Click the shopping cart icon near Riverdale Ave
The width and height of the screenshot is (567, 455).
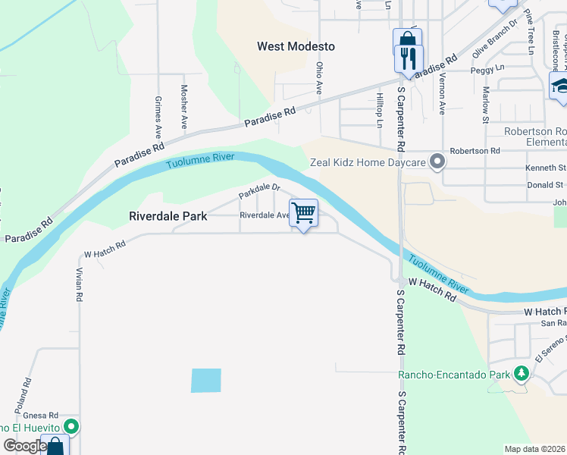pyautogui.click(x=303, y=213)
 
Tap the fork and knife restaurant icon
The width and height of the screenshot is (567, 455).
pyautogui.click(x=409, y=58)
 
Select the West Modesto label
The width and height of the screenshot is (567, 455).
pyautogui.click(x=296, y=46)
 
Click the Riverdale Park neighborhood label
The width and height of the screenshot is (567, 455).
pyautogui.click(x=168, y=216)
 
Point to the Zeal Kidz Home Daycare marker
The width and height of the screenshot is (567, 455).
pyautogui.click(x=437, y=162)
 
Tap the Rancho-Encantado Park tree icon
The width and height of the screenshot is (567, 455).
pyautogui.click(x=521, y=374)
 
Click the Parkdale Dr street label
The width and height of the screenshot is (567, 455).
pyautogui.click(x=259, y=191)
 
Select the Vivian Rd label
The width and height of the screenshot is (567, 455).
pyautogui.click(x=80, y=284)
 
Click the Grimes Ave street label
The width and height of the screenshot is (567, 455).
pyautogui.click(x=158, y=111)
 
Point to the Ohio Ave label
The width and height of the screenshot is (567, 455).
pyautogui.click(x=320, y=79)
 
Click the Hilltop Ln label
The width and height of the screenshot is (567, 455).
pyautogui.click(x=380, y=108)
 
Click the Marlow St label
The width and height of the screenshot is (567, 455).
pyautogui.click(x=485, y=105)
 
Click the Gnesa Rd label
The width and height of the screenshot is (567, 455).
pyautogui.click(x=41, y=416)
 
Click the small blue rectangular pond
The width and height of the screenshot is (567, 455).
pyautogui.click(x=206, y=381)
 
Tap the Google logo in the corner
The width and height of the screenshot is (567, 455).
pyautogui.click(x=24, y=446)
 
